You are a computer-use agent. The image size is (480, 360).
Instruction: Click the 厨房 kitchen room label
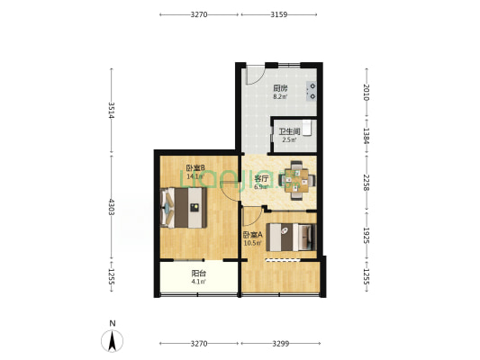pos(280,88)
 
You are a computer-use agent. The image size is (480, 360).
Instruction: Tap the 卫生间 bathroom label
pos(289,131)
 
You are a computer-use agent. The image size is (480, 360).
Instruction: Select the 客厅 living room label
pos(261,178)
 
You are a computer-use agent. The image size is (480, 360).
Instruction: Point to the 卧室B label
pos(195,167)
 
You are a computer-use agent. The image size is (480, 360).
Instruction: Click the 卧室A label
pos(253,235)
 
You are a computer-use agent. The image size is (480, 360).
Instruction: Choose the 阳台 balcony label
pos(198,273)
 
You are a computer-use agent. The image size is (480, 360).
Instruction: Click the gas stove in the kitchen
pos(312,92)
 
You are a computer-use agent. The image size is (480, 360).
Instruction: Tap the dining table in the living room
pos(296,181)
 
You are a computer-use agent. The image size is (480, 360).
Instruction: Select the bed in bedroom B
pos(183,208)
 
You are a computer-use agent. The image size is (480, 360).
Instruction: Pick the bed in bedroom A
pos(291,238)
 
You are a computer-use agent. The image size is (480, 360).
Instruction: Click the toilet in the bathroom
pos(307,128)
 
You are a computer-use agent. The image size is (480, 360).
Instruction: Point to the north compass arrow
pos(113,340)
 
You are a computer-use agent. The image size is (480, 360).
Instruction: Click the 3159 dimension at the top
pos(279,14)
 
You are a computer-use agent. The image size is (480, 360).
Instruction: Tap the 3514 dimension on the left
pos(112,110)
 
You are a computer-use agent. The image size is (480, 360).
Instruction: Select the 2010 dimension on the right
pos(367,93)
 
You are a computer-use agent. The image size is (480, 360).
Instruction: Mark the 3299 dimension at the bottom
pos(281,344)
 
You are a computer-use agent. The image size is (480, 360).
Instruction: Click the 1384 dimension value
pos(367,136)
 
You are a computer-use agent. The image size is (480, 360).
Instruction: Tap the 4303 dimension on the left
pos(112,207)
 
